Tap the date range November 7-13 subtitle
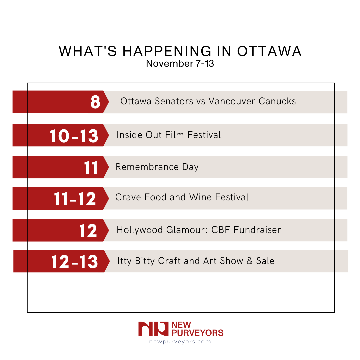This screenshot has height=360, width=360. [180, 63]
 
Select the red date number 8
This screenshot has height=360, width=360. [95, 102]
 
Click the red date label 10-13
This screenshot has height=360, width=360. [74, 136]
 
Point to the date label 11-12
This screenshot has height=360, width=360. [75, 199]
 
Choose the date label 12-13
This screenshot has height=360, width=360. [75, 262]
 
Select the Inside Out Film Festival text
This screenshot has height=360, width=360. [169, 135]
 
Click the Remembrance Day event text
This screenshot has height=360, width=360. [157, 167]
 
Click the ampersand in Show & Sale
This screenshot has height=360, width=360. [250, 261]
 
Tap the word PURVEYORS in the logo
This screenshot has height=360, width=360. [197, 333]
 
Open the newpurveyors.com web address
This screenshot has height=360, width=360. [180, 342]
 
